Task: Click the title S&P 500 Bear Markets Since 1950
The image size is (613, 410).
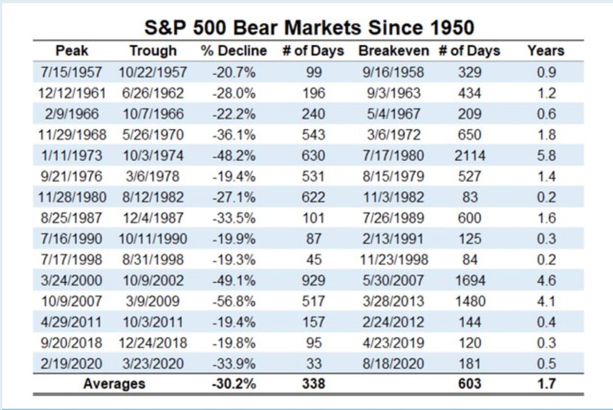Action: [x=308, y=27]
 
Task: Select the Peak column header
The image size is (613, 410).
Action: [x=72, y=51]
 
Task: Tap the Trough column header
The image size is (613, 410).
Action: [x=153, y=51]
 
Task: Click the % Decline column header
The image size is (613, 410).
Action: [x=233, y=51]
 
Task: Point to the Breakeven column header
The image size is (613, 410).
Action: [x=393, y=51]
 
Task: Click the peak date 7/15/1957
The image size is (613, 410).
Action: [x=72, y=72]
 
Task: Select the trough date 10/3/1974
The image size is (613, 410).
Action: [x=153, y=156]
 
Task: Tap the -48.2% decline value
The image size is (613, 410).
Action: [x=233, y=156]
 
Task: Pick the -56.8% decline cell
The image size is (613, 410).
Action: [x=233, y=301]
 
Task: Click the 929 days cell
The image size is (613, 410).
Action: [x=313, y=280]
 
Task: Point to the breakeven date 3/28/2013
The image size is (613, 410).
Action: [x=393, y=301]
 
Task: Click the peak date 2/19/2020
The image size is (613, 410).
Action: [x=72, y=364]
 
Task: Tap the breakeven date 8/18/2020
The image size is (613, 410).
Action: [x=393, y=364]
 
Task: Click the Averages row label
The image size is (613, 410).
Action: [x=114, y=383]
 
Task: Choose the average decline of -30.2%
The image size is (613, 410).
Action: [x=233, y=383]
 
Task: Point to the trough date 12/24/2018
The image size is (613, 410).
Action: [x=153, y=343]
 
